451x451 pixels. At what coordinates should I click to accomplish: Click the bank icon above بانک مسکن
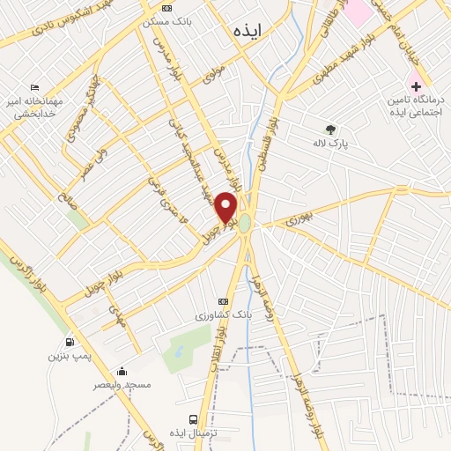(x=166, y=7)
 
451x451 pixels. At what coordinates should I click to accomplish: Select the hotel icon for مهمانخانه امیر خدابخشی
(x=34, y=88)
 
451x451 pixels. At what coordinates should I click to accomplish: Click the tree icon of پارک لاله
(x=330, y=129)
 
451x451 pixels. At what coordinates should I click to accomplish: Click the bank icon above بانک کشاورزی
(x=222, y=300)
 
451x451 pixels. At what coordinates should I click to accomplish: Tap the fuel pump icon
(x=70, y=343)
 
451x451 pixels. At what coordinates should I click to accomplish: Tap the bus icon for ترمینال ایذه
(x=193, y=419)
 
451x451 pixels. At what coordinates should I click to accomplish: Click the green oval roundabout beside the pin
(x=245, y=225)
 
